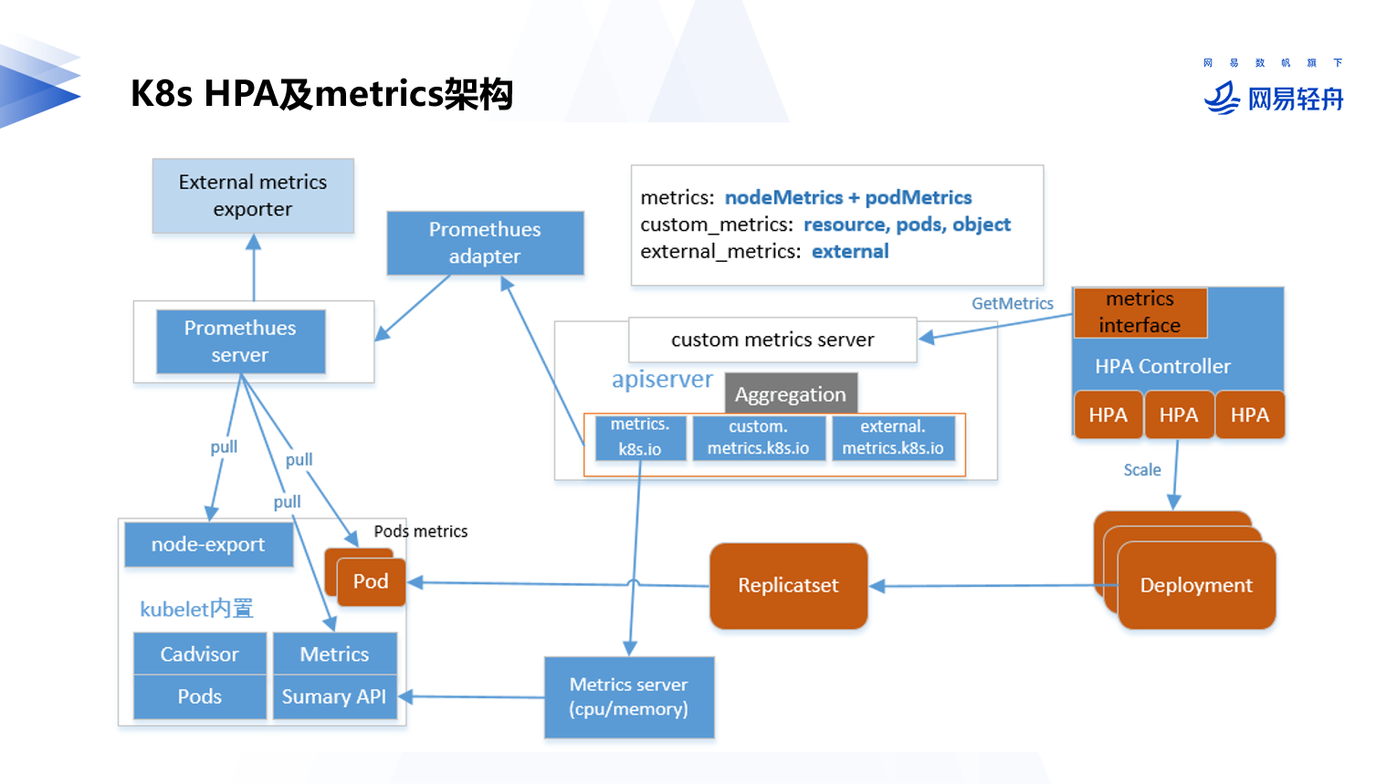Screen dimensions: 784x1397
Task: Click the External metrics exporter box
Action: click(253, 196)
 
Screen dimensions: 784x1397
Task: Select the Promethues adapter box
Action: click(485, 243)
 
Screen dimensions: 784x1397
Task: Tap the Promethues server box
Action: click(240, 341)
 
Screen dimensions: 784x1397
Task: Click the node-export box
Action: click(208, 545)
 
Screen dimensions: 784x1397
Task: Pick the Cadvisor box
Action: click(199, 654)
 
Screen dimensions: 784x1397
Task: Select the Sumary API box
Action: click(334, 697)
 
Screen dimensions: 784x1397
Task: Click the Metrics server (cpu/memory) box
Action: click(629, 697)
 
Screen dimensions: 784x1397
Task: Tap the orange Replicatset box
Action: click(788, 586)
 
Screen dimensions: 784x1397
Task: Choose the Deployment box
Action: click(1195, 586)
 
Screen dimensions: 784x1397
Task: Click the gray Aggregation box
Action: click(791, 394)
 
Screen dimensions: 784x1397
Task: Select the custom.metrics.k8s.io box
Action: click(758, 438)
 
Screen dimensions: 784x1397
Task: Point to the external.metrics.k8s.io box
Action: click(893, 438)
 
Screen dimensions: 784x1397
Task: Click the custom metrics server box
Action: click(772, 340)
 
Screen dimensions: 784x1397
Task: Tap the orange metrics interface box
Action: click(1140, 312)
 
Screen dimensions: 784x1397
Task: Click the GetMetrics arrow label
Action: click(1012, 304)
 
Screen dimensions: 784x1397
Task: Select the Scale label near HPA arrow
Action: click(1141, 470)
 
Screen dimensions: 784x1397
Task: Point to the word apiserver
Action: click(662, 380)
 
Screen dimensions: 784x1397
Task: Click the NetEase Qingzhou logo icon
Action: click(1222, 98)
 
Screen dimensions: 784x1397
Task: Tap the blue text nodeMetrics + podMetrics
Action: click(848, 198)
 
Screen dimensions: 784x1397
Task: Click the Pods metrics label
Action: click(420, 531)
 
